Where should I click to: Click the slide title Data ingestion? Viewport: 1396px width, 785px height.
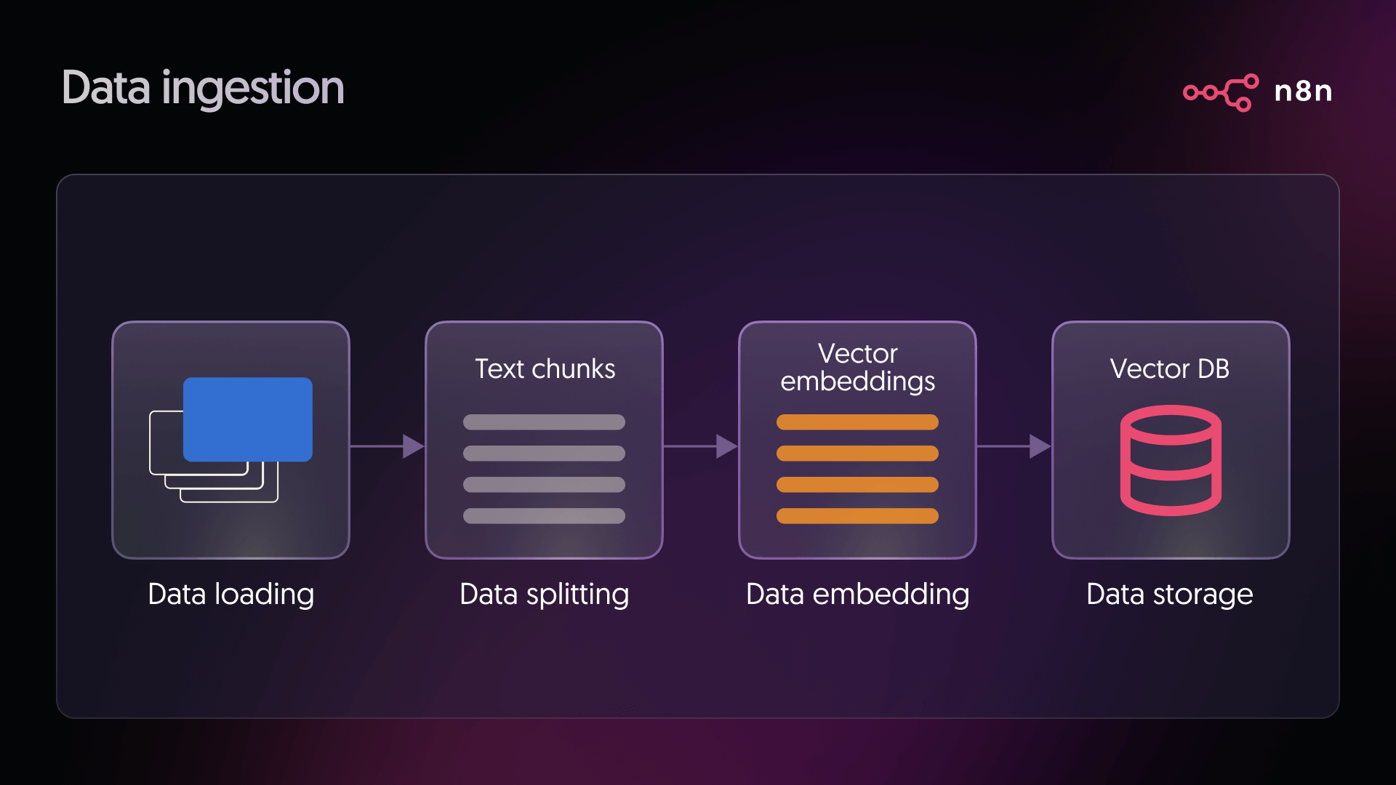coord(203,88)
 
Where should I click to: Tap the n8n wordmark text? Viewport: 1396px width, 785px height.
coord(1303,92)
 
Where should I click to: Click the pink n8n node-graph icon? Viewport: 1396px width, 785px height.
coord(1221,92)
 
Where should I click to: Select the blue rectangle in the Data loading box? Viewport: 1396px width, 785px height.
coord(247,419)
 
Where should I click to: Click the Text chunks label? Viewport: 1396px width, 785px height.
coord(545,369)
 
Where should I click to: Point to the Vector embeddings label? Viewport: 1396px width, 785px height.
coord(857,367)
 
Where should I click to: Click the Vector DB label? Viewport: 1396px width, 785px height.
coord(1169,369)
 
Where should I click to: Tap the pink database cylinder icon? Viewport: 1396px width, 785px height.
coord(1171,460)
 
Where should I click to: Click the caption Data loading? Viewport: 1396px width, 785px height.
coord(230,595)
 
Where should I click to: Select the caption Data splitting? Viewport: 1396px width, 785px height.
coord(544,595)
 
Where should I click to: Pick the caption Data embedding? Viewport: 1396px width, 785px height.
coord(857,595)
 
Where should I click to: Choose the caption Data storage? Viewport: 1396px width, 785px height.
coord(1169,595)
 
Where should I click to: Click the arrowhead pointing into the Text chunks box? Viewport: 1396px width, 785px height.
coord(413,446)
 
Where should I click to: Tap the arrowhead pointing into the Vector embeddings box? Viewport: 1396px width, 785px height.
coord(726,446)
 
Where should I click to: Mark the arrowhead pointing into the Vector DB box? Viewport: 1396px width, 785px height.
coord(1040,446)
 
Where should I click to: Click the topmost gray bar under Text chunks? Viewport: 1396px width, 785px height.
coord(544,422)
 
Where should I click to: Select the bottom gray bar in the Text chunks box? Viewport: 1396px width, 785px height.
coord(544,516)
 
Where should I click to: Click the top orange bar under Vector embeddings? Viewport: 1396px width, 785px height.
coord(857,422)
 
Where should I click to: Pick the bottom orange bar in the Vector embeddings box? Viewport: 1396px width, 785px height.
coord(857,516)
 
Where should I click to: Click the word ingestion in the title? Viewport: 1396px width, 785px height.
coord(253,88)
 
